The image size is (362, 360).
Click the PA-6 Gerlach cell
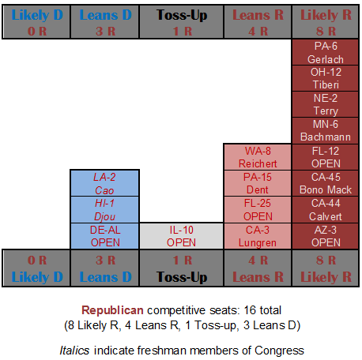pos(326,52)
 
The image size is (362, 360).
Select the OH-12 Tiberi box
pos(326,78)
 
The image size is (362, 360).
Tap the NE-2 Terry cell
pos(326,104)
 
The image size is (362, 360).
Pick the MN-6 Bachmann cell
pos(326,131)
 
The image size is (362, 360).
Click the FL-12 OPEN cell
pos(326,157)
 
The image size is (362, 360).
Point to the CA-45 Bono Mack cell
pos(326,183)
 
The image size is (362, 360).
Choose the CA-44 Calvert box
pos(326,210)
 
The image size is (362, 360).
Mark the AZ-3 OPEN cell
pos(326,236)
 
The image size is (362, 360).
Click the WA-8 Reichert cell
pos(258,157)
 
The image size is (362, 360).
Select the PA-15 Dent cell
pos(258,183)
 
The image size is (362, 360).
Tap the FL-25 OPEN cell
pos(258,210)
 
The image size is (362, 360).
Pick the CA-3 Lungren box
pos(258,236)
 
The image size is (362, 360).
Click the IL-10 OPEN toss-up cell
pos(181,236)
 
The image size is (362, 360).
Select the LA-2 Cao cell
pos(105,183)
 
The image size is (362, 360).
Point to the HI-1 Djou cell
pos(105,210)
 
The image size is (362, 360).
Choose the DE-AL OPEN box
pos(105,236)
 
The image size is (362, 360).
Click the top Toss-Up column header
pos(181,22)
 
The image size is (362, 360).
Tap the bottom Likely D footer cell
pos(36,268)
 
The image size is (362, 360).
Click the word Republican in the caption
pos(112,310)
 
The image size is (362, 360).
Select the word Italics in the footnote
pos(74,351)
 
